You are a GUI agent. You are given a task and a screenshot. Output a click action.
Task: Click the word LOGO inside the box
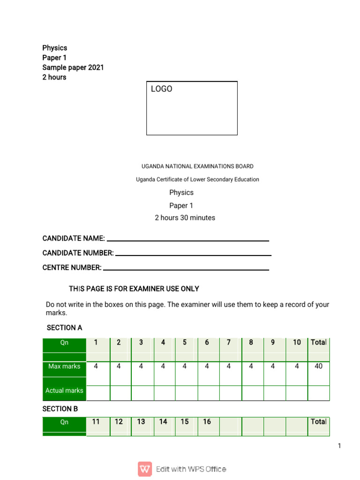[161, 89]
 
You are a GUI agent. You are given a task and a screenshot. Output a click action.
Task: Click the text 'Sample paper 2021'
[73, 67]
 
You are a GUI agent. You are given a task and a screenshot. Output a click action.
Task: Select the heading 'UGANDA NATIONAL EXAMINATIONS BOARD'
[197, 166]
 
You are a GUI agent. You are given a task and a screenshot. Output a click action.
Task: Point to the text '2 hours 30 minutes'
[185, 218]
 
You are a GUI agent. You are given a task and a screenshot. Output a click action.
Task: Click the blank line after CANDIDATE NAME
[187, 240]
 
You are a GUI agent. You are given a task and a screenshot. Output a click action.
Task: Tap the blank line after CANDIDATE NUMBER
[193, 255]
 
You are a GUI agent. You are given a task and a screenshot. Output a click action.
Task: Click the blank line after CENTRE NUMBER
[186, 269]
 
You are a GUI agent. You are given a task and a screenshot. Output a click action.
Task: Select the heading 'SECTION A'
[64, 328]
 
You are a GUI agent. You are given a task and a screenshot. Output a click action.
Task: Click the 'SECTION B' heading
[60, 409]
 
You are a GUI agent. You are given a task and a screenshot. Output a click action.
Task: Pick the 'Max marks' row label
[64, 367]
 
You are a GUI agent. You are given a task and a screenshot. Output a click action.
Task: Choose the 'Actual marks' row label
[64, 390]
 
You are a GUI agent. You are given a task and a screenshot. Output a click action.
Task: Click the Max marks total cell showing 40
[318, 367]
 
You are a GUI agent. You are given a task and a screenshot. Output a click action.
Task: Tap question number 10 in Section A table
[297, 343]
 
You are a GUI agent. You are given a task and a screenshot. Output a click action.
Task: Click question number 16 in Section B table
[207, 422]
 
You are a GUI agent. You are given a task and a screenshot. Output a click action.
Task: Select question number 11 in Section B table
[96, 422]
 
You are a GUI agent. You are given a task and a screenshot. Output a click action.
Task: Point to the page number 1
[339, 446]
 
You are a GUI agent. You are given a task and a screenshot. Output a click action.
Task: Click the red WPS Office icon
[145, 469]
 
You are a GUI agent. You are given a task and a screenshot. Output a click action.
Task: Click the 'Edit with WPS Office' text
[191, 469]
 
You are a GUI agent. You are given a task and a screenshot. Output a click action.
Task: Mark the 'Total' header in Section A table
[318, 343]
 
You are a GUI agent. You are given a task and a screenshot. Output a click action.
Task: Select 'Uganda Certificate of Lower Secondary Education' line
[197, 180]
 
